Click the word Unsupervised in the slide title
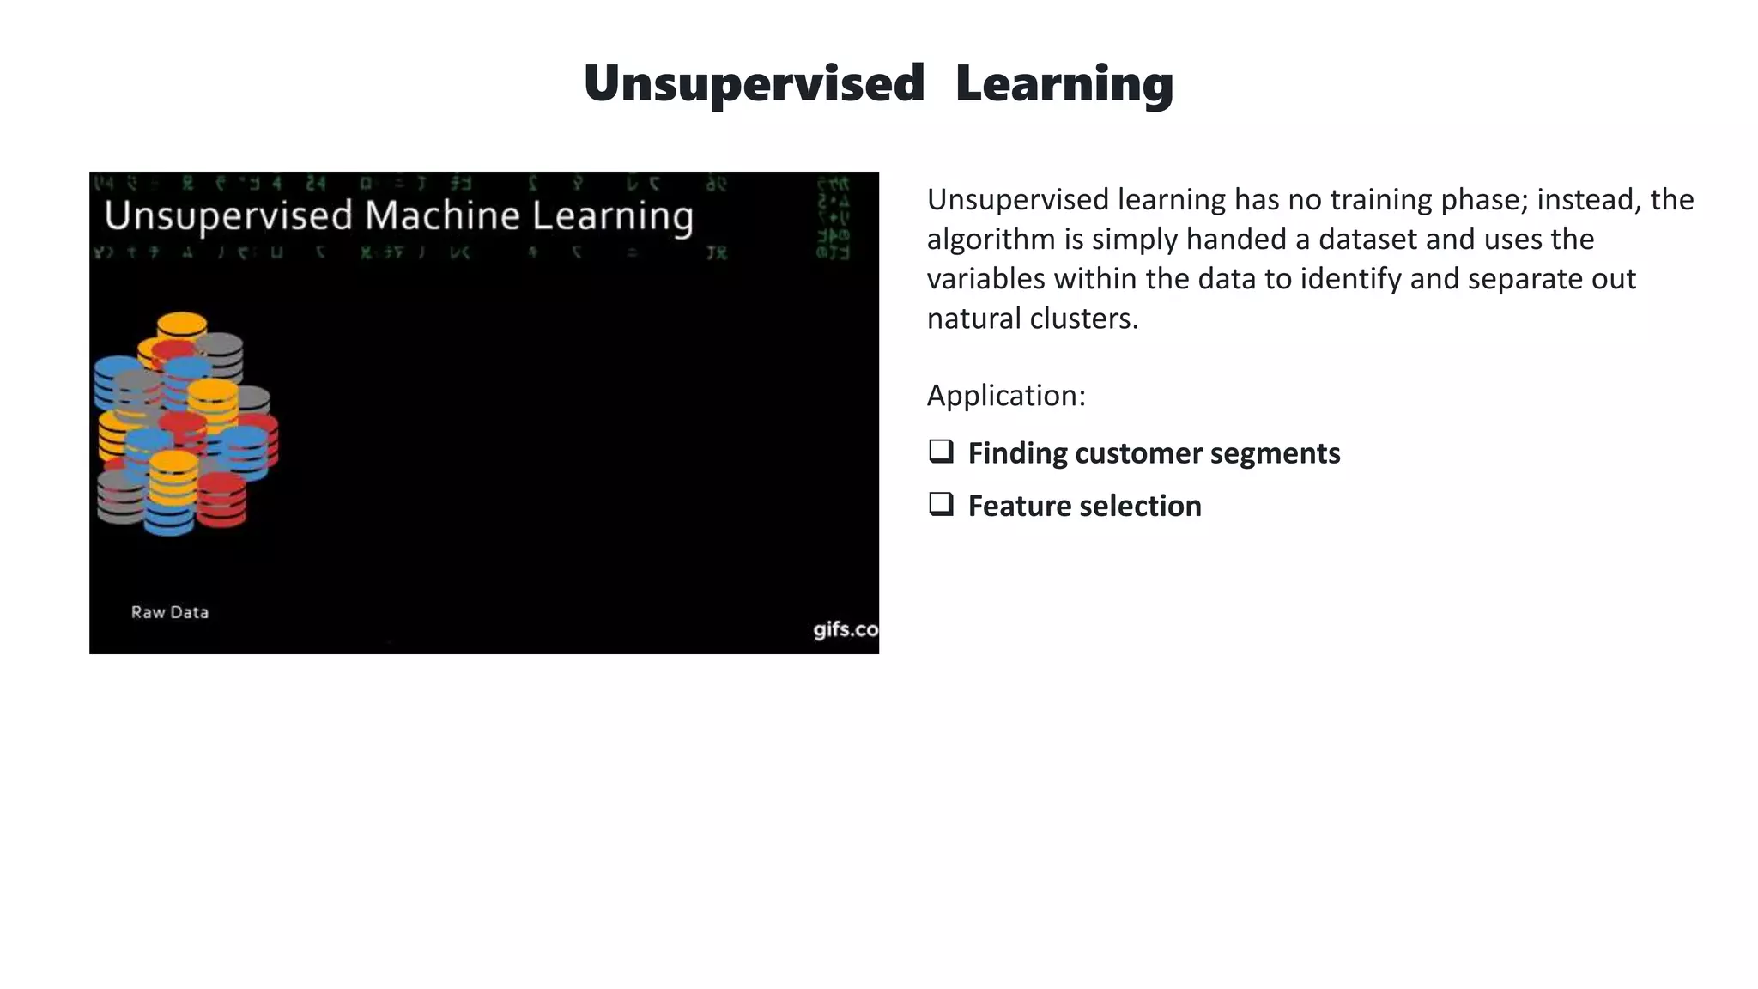[754, 84]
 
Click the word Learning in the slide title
[1064, 84]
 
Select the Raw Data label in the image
[170, 612]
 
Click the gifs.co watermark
[846, 629]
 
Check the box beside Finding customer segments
[941, 452]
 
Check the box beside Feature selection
[941, 504]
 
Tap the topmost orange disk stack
[182, 325]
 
